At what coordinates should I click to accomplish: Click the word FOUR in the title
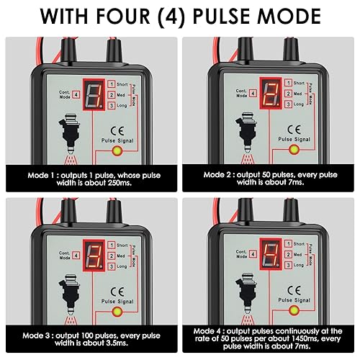tap(152, 16)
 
